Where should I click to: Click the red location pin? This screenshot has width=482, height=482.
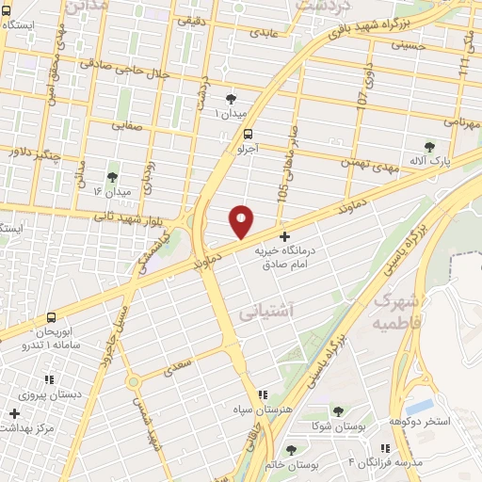click(241, 220)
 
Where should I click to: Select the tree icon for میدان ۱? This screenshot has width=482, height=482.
click(232, 98)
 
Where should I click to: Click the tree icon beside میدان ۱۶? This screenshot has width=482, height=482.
click(113, 176)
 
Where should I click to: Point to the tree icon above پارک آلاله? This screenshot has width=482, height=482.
click(430, 146)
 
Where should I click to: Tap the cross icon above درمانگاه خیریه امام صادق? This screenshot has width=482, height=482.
click(285, 237)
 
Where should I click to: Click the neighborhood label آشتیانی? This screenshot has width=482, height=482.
click(267, 309)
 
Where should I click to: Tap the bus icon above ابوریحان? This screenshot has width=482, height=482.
click(50, 318)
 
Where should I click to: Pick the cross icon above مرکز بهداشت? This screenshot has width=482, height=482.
click(15, 413)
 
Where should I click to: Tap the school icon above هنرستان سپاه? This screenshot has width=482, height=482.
click(262, 394)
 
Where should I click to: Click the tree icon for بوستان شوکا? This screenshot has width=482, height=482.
click(338, 412)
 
